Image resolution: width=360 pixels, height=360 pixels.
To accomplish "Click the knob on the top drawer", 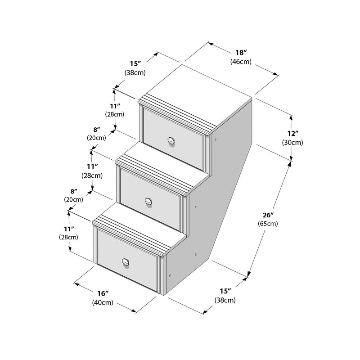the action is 171,141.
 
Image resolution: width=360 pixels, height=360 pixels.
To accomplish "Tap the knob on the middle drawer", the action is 148,202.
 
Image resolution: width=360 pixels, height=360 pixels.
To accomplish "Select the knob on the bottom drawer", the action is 126,262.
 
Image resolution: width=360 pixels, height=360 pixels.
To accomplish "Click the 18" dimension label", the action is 241,53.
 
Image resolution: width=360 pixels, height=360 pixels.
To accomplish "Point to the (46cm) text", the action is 241,62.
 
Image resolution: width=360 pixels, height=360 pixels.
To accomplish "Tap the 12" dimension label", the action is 293,133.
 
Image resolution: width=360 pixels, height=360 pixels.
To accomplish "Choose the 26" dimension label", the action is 268,215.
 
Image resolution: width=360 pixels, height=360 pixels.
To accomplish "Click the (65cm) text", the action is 268,223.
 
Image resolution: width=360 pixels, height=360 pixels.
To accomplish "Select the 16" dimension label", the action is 103,293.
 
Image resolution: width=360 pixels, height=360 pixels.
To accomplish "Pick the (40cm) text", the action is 103,302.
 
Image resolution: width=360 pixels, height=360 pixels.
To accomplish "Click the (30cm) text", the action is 292,142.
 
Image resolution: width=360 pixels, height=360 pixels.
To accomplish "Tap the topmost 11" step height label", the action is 115,106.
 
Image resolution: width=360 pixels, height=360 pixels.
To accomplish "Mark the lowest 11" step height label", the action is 69,229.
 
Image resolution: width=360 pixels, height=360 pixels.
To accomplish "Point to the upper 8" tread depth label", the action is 97,130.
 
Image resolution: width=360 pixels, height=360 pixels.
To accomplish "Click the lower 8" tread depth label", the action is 74,191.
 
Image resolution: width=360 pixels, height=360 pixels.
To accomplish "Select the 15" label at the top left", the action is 135,63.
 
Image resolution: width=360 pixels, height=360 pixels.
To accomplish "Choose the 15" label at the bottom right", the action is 225,291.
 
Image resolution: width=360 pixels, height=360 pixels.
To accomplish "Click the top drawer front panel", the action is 173,139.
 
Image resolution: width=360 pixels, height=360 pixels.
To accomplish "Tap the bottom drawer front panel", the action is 128,260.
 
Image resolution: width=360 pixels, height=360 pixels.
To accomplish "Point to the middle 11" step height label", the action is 92,166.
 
